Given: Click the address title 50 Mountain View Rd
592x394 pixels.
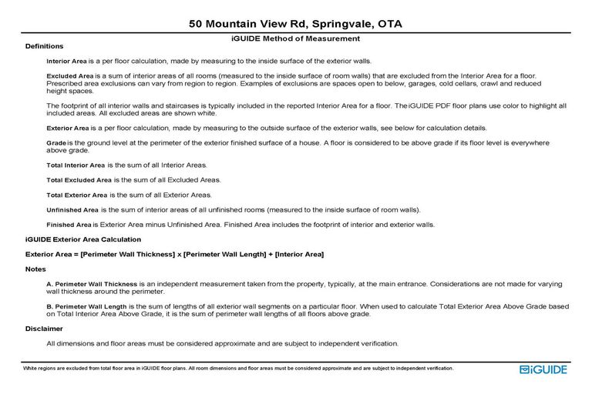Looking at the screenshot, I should click(x=295, y=24).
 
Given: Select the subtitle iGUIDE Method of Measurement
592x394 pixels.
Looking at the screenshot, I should click(x=295, y=38).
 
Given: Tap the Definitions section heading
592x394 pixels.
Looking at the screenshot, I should click(x=44, y=47).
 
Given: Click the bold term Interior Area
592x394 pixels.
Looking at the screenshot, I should click(x=69, y=61).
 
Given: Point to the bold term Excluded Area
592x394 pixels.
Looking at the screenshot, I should click(x=70, y=76).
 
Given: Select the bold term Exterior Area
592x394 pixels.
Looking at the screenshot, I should click(x=70, y=128).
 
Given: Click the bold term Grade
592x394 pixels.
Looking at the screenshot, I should click(x=55, y=143).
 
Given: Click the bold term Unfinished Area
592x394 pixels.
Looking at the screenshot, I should click(x=72, y=209).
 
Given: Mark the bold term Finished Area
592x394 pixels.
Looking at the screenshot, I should click(x=69, y=225).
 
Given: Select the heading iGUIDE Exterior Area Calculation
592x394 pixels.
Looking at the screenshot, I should click(x=83, y=239).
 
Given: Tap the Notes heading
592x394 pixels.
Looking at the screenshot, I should click(x=35, y=269).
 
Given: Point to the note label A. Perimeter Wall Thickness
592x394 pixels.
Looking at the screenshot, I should click(x=92, y=284).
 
